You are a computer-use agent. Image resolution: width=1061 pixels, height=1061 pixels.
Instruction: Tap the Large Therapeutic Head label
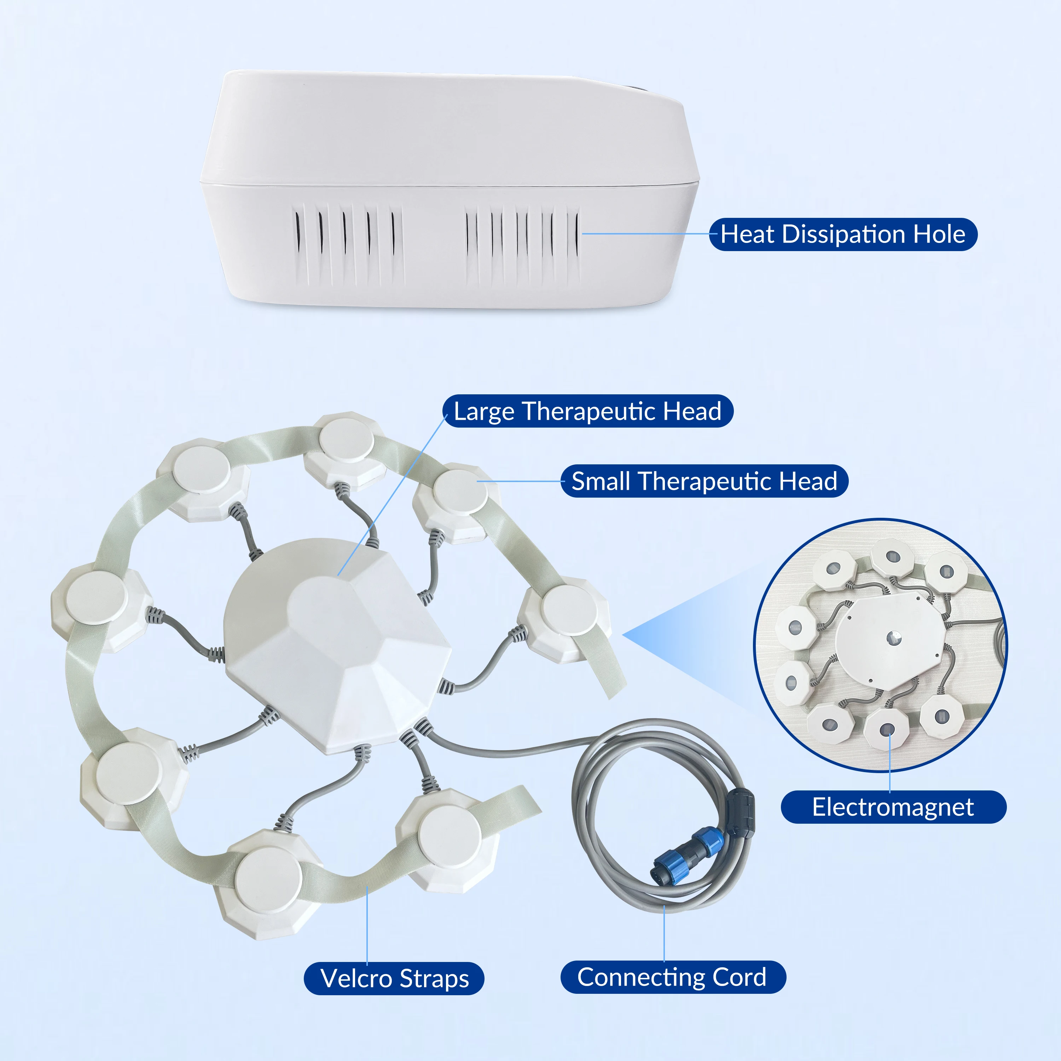[x=587, y=411]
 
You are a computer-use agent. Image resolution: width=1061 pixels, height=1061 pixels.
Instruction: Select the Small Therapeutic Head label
[x=704, y=481]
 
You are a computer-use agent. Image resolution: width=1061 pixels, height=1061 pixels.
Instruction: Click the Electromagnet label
[x=893, y=807]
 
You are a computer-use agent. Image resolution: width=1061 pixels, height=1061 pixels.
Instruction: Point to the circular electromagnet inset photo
[x=880, y=645]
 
